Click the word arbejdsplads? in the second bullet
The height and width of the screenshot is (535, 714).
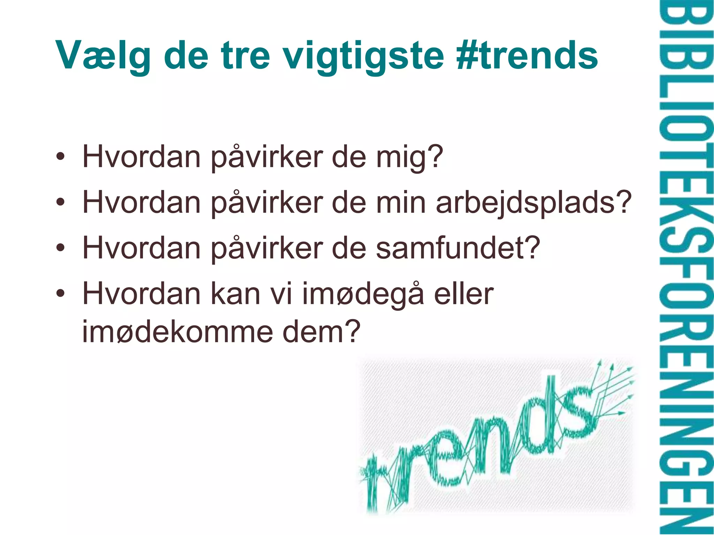point(533,203)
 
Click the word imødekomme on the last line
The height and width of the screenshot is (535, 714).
point(177,332)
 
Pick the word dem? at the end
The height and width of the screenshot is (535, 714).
point(321,332)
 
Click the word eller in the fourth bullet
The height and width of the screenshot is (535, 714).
point(464,294)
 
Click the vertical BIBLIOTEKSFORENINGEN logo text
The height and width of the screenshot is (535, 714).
point(685,267)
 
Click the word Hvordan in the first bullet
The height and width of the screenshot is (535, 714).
point(142,157)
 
